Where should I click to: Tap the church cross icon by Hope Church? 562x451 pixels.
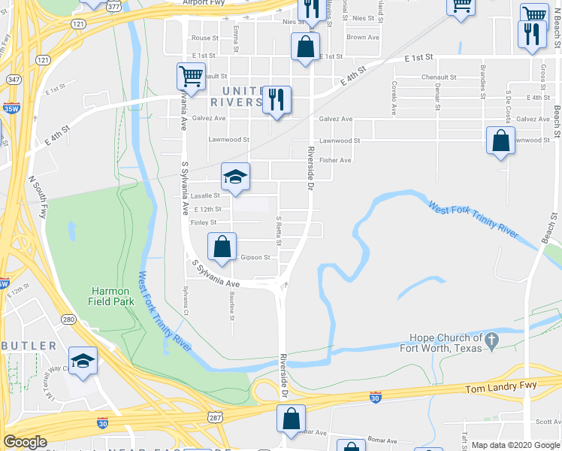pos(491,341)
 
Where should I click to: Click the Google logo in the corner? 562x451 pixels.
pos(26,441)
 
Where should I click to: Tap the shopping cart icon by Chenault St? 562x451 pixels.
pos(190,75)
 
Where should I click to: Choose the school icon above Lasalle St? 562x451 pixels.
pos(235,177)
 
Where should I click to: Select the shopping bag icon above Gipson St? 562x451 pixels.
pos(222,246)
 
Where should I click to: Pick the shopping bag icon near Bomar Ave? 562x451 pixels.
pos(291,419)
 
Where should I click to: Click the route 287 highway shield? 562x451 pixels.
pos(215,416)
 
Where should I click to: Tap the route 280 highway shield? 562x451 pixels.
pos(69,319)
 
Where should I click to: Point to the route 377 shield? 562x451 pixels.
pos(113,6)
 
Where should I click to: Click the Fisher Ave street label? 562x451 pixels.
pos(335,160)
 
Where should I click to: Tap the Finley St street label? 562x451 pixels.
pos(204,222)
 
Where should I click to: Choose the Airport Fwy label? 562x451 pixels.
pos(204,3)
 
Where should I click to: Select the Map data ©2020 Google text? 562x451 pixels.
pos(515,445)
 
